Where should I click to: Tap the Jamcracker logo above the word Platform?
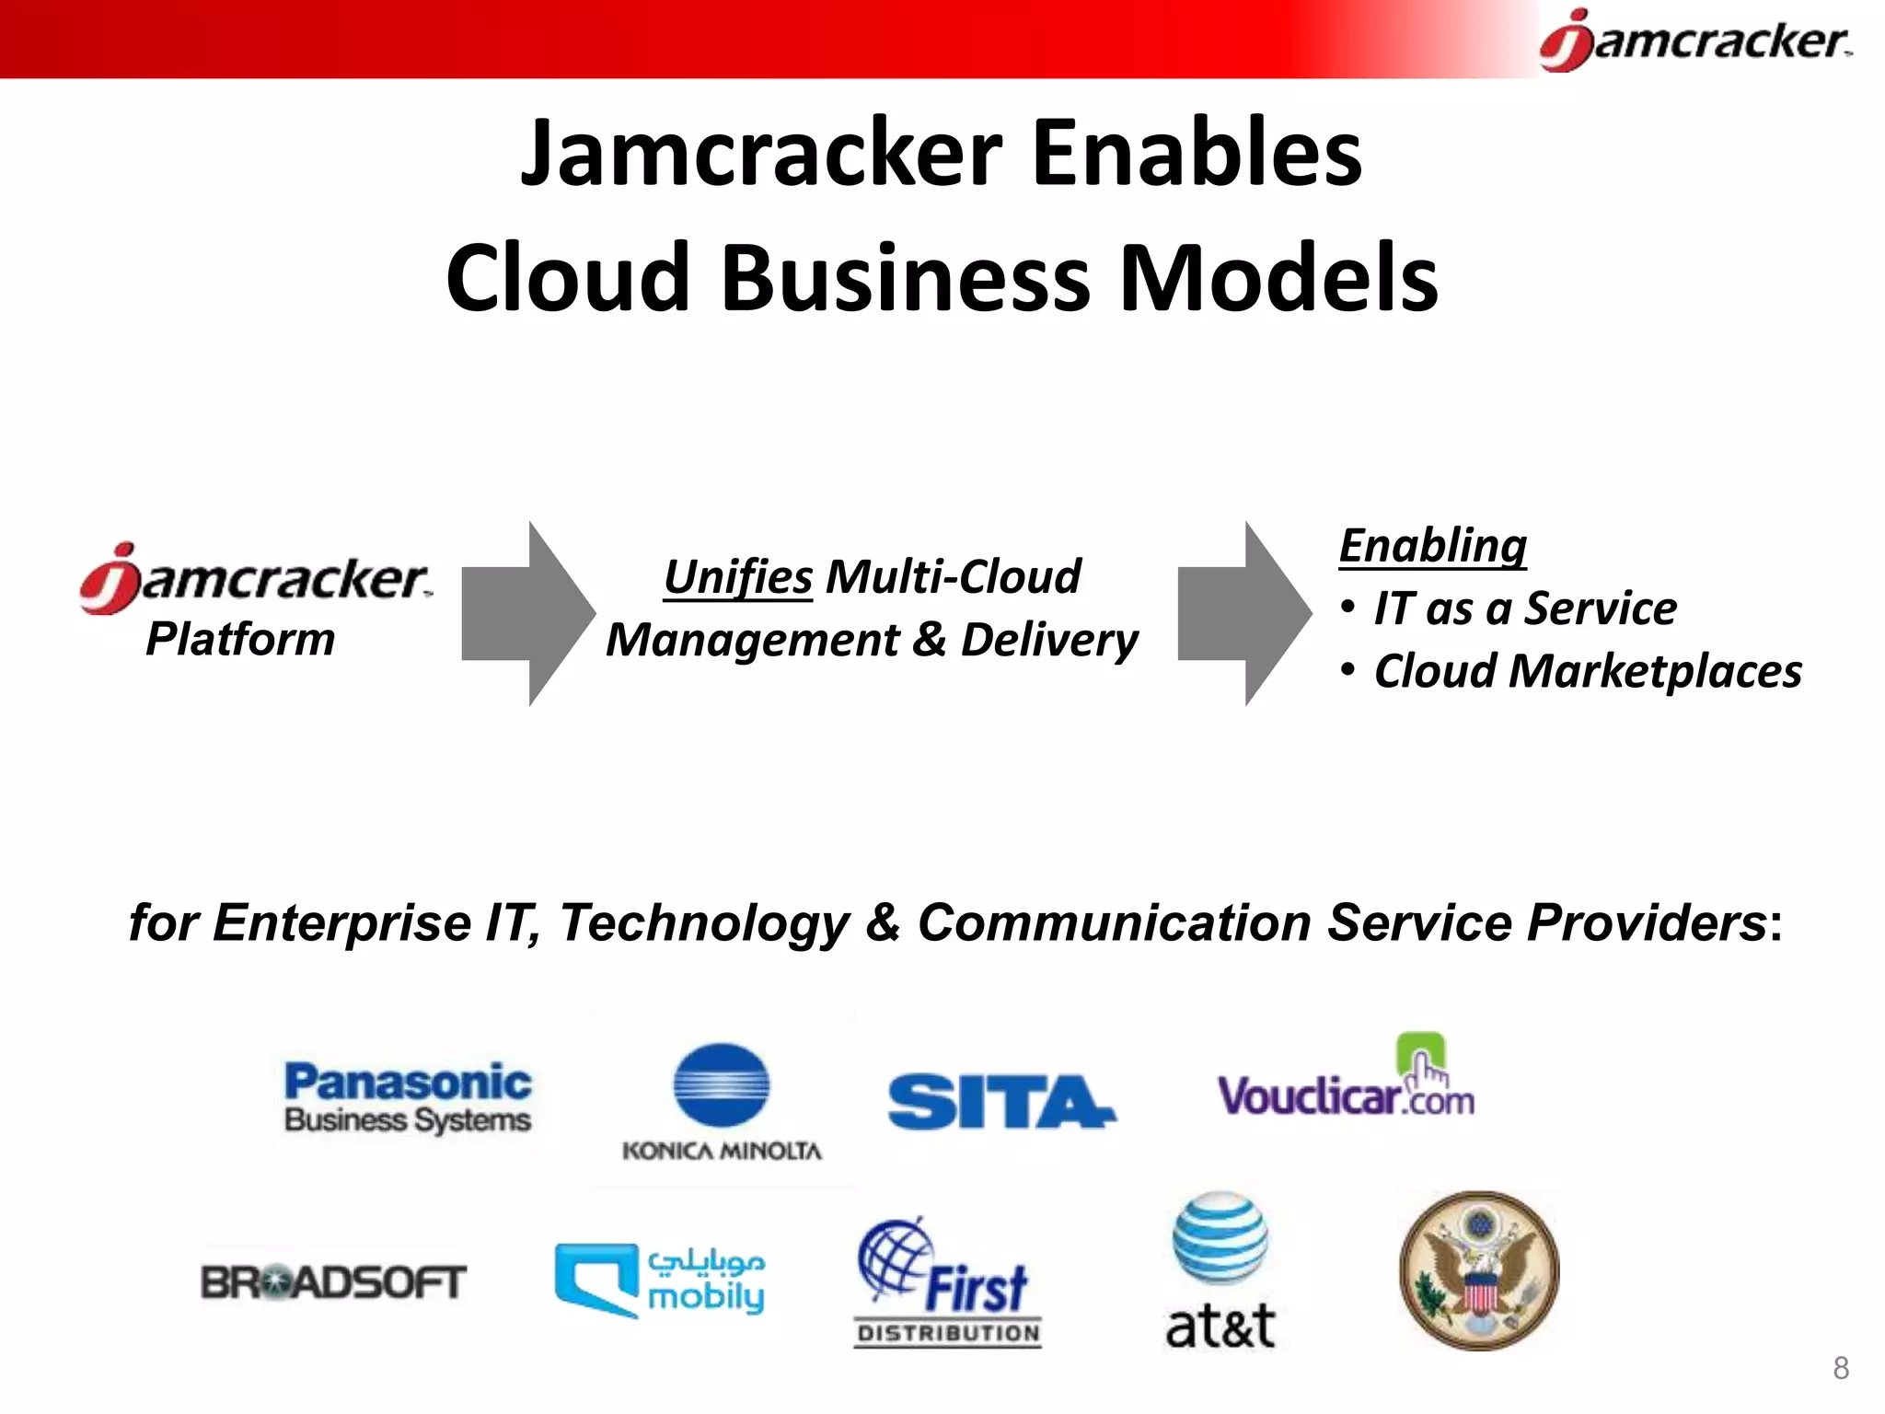255,578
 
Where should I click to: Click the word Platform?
240,639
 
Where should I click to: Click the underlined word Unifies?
738,578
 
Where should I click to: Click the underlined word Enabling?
1432,545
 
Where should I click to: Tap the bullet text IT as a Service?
1524,608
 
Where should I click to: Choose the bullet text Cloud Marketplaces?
1587,671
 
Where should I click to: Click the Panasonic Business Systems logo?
408,1097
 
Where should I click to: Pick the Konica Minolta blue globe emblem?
722,1085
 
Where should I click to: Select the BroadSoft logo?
333,1282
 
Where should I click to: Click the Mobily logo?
660,1280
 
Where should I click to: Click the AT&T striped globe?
1220,1237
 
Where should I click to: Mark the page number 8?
1841,1369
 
